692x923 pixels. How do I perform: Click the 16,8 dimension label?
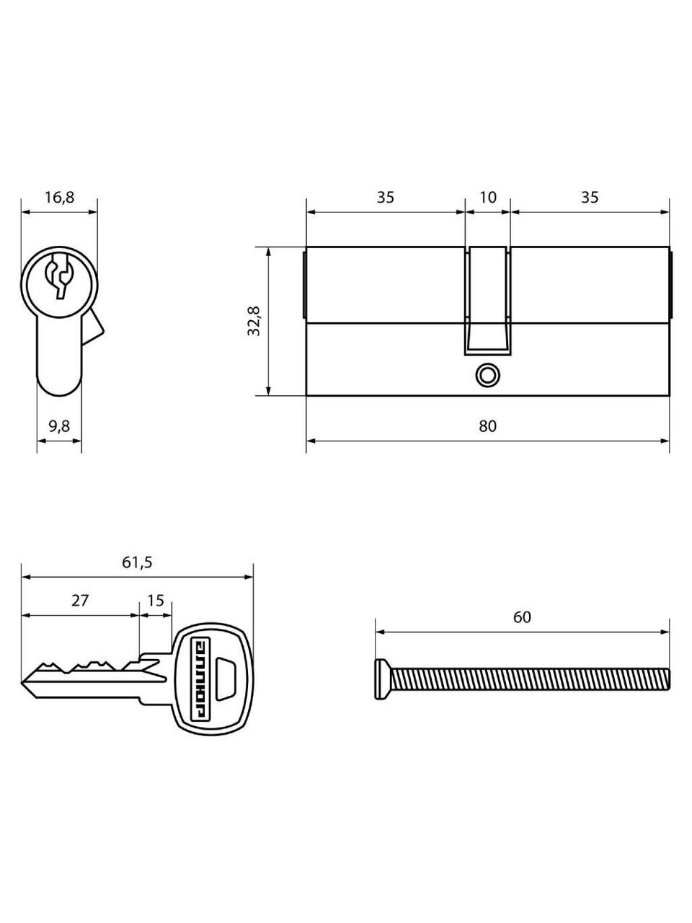[x=60, y=197]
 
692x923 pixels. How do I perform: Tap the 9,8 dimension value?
[x=59, y=426]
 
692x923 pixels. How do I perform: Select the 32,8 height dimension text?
[x=254, y=322]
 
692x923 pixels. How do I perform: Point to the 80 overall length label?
[x=487, y=426]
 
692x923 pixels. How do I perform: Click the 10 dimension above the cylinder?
[x=488, y=197]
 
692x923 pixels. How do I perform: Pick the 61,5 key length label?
[x=137, y=562]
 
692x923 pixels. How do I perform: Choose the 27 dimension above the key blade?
[x=80, y=601]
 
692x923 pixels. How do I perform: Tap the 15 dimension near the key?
[x=156, y=601]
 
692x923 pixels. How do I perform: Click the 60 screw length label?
[x=523, y=617]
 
